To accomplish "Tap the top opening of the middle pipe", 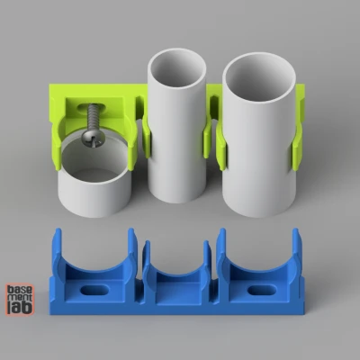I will (176, 69).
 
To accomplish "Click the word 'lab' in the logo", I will (18, 307).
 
